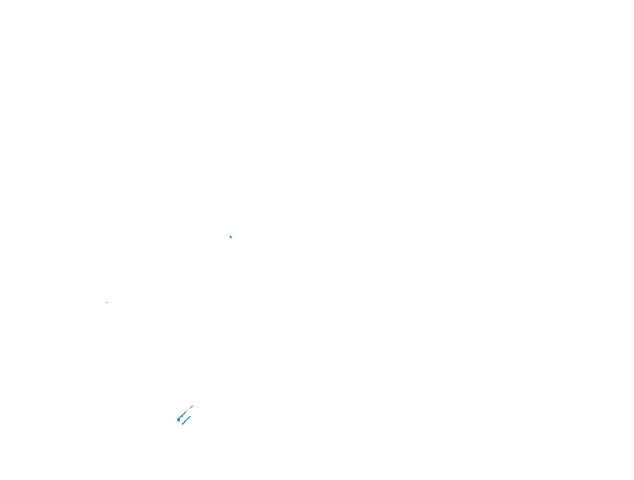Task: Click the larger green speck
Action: point(231,237)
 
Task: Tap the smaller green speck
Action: point(107,302)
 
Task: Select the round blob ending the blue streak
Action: point(179,419)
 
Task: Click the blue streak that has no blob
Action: point(186,420)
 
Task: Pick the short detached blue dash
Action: point(191,407)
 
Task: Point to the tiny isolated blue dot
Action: point(198,401)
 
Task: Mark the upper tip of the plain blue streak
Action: point(190,416)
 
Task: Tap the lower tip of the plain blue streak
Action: point(182,424)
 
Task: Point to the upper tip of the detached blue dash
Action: point(193,406)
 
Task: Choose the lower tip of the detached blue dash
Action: point(190,408)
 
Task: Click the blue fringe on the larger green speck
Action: point(230,236)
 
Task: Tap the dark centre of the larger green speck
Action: point(231,237)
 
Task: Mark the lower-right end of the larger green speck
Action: point(231,238)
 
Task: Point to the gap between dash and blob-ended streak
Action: point(189,410)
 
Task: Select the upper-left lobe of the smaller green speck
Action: point(106,302)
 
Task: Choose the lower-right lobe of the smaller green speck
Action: point(107,303)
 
